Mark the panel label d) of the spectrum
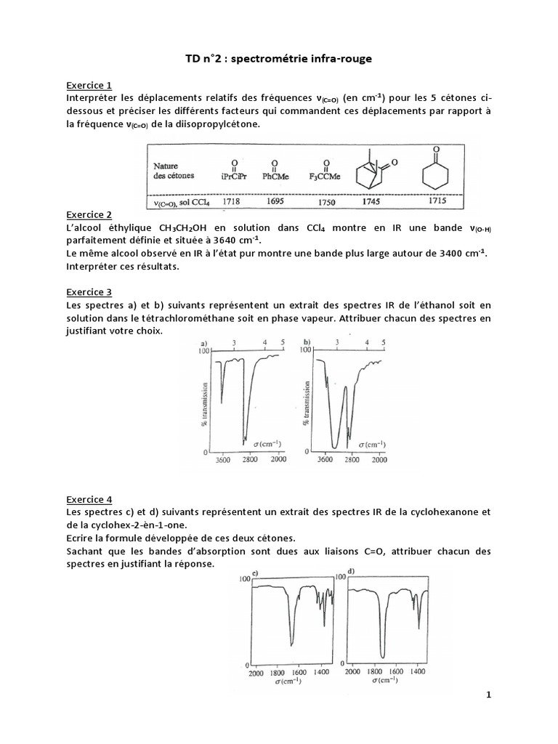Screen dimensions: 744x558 click(x=351, y=571)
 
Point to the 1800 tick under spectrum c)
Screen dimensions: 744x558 click(x=285, y=674)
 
